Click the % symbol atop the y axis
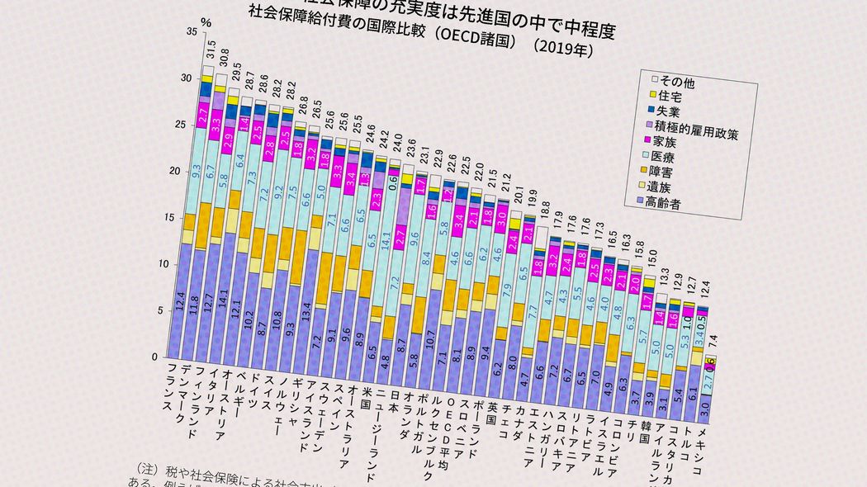[x=206, y=21]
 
